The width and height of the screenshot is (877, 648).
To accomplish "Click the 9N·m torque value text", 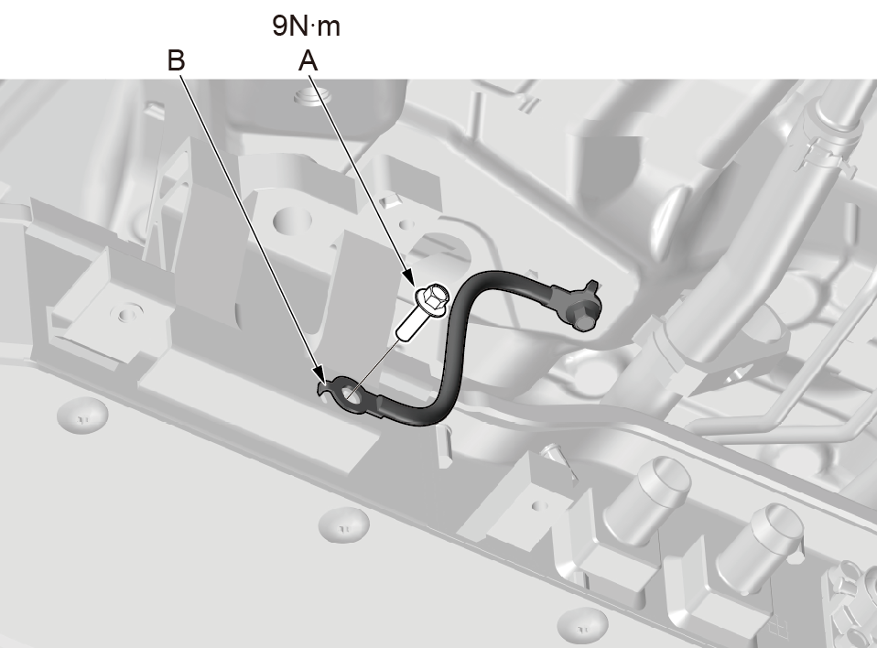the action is tap(306, 26).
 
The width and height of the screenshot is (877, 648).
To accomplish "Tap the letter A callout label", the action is tap(309, 60).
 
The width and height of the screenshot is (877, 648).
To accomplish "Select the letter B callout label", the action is tap(176, 60).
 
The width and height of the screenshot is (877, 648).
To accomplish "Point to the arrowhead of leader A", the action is tap(408, 276).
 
